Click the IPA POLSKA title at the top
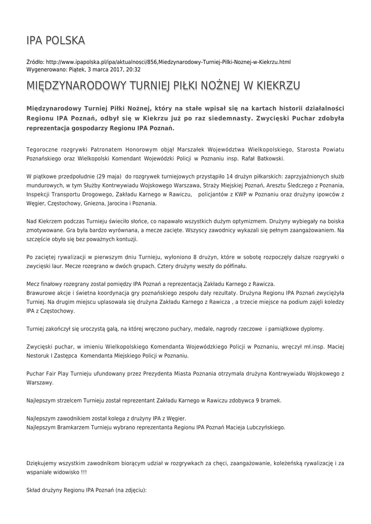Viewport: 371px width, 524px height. click(x=56, y=40)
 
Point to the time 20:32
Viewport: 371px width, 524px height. click(x=133, y=70)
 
